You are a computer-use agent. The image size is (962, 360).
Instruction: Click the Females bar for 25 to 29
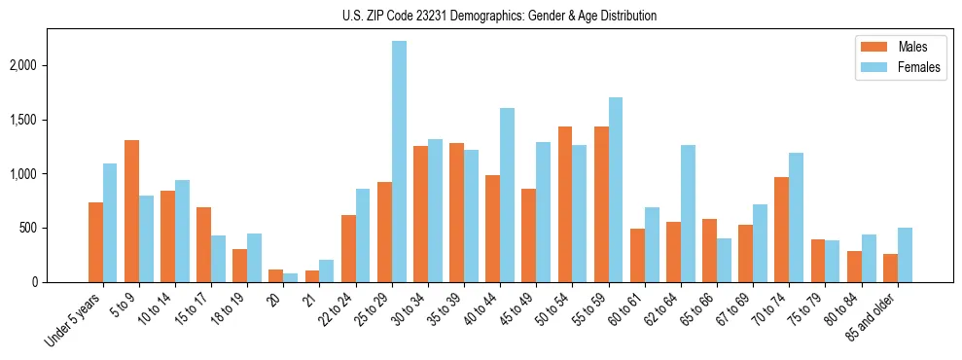(399, 162)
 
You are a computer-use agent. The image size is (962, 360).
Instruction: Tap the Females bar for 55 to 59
(616, 190)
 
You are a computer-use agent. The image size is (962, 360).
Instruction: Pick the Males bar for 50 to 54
(565, 204)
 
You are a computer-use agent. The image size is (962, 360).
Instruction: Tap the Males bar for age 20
(276, 276)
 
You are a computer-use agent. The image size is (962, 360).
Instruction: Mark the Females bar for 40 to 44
(507, 195)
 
